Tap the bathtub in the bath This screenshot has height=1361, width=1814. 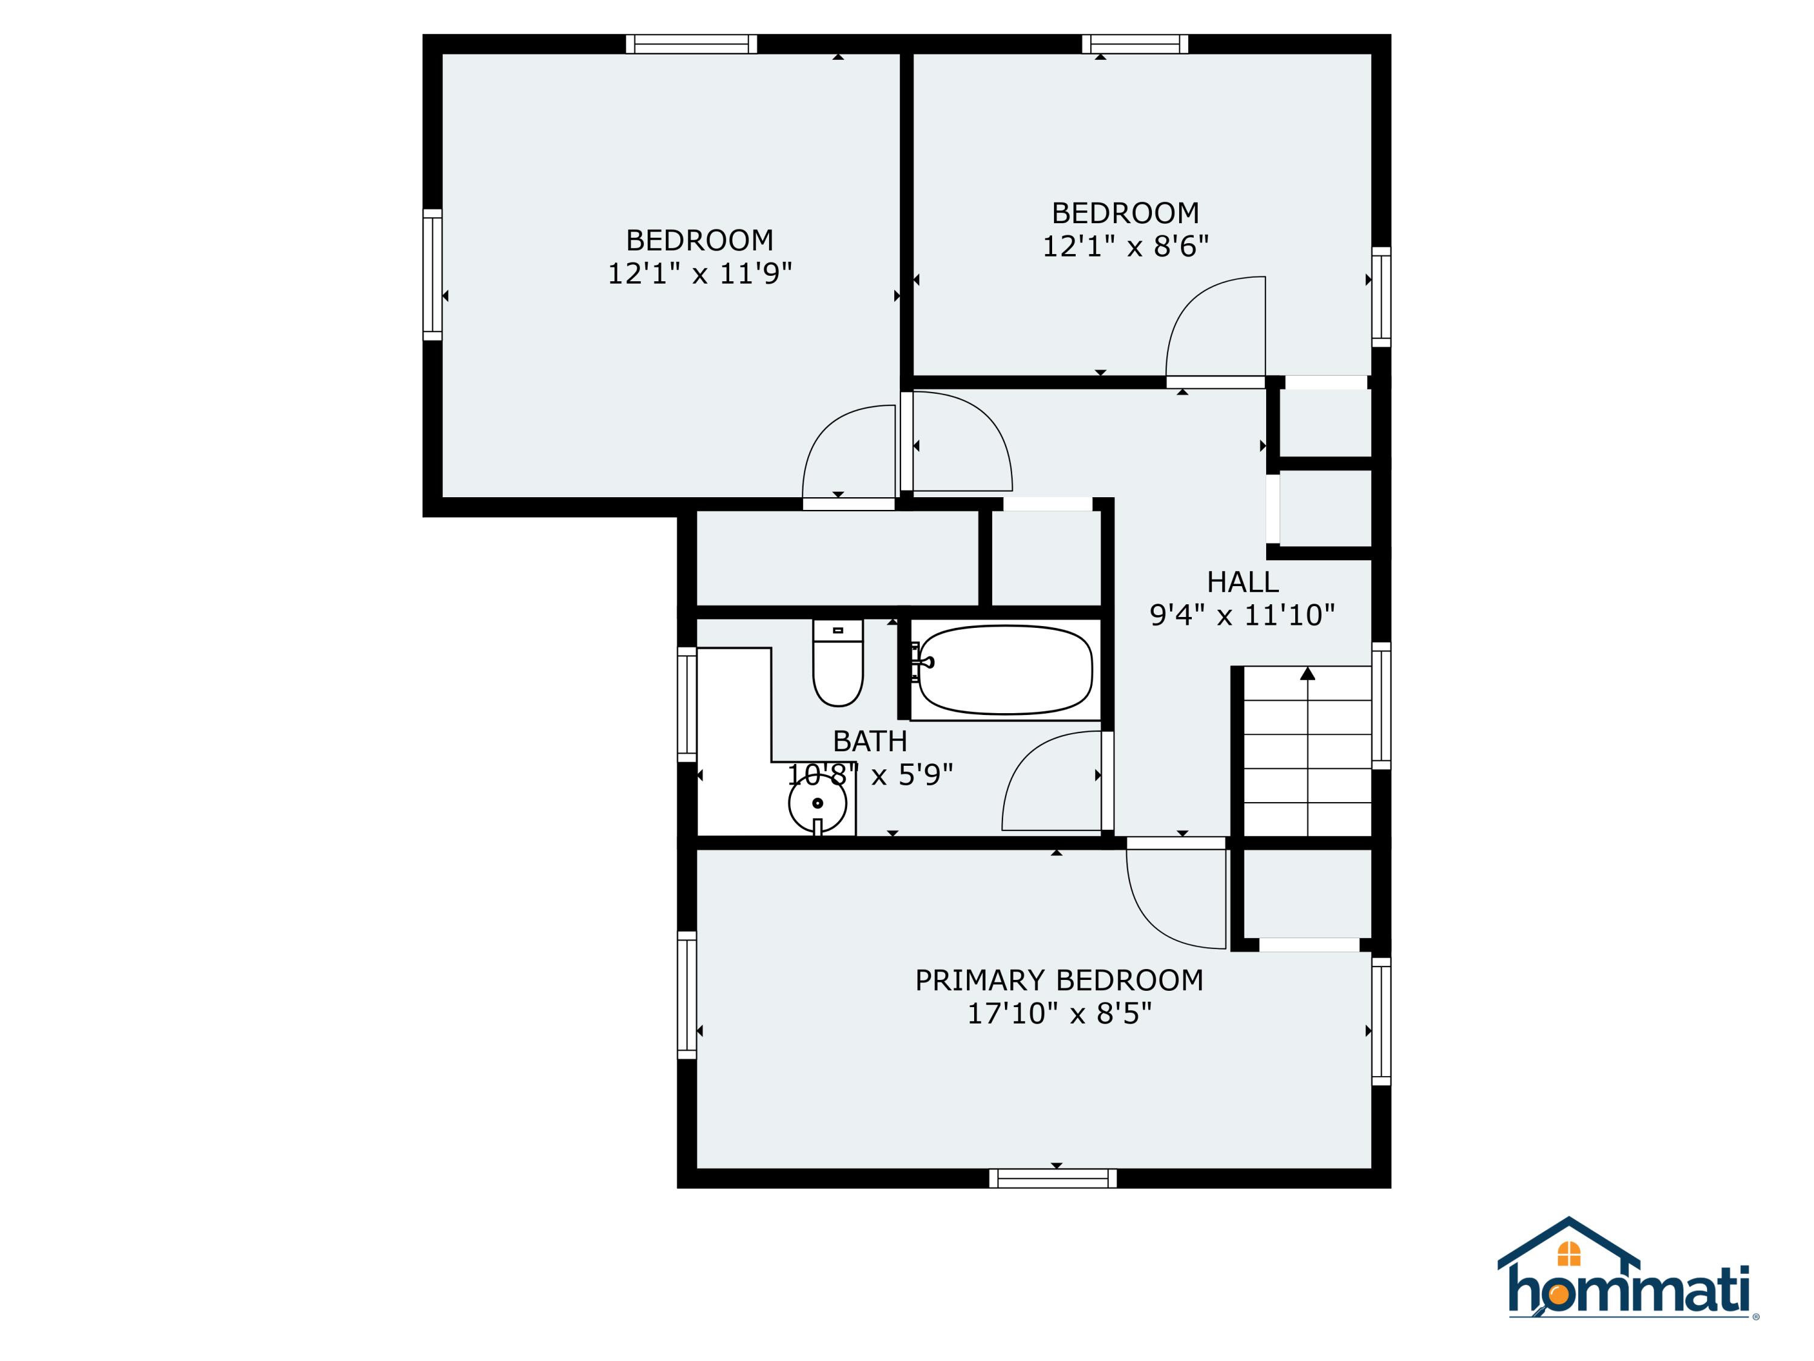click(x=1006, y=670)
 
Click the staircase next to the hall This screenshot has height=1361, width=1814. click(x=1307, y=751)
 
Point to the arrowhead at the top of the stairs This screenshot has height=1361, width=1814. click(x=1307, y=673)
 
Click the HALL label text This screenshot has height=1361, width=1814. click(x=1243, y=583)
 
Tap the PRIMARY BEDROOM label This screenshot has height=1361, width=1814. click(x=1059, y=981)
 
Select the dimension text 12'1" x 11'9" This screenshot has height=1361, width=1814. click(x=700, y=273)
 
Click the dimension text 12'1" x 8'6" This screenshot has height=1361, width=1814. click(x=1125, y=246)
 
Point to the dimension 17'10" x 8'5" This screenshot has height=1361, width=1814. click(x=1059, y=1014)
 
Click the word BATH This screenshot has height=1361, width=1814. click(x=870, y=742)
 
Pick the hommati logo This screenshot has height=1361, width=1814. click(x=1628, y=1280)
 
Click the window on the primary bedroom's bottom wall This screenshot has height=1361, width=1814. click(x=1053, y=1179)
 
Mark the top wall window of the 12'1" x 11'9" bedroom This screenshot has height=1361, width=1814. click(x=691, y=44)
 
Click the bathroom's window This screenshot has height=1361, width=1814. click(x=686, y=705)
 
